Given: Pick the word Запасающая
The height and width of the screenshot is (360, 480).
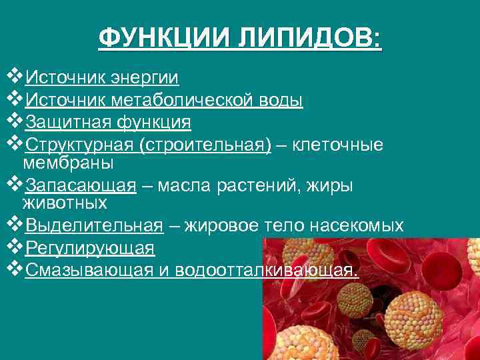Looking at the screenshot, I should tap(81, 185).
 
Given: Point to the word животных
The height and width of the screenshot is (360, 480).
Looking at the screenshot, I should tap(65, 202).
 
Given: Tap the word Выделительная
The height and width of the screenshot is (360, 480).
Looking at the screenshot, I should tap(94, 225).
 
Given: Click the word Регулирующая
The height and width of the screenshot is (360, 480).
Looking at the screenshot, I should tap(90, 248).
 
